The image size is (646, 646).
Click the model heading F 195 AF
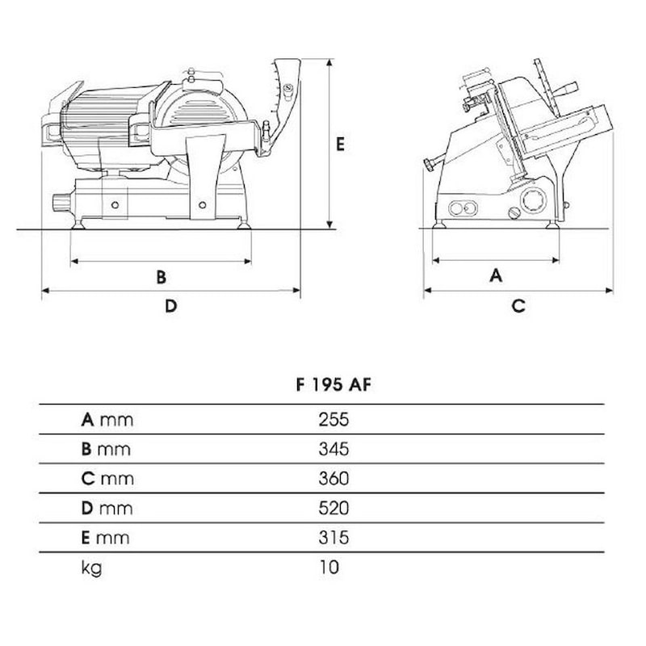click(333, 385)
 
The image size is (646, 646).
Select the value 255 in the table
click(333, 419)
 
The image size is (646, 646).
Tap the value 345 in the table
click(333, 449)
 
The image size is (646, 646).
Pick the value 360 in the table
click(333, 479)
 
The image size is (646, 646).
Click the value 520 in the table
click(333, 509)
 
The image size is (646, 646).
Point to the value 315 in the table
click(333, 538)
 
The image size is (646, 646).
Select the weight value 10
click(329, 568)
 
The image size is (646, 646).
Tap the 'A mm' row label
click(107, 420)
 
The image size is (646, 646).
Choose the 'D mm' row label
click(107, 509)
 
